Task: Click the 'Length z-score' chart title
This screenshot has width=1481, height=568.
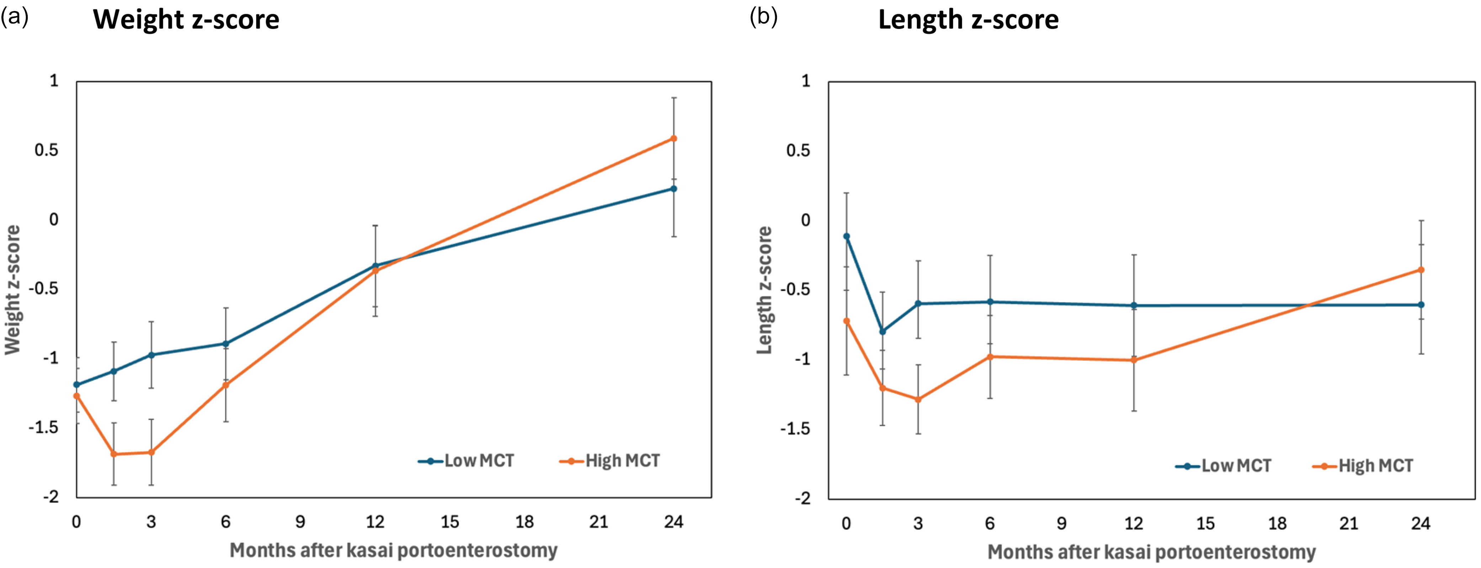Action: pos(968,20)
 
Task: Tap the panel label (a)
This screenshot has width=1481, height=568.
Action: pos(14,17)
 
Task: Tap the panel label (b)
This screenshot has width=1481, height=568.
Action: pos(763,17)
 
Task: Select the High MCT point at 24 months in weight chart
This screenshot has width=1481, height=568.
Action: pos(674,139)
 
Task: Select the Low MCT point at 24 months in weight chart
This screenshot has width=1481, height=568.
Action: pos(674,189)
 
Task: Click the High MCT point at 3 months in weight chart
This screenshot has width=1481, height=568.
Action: pos(151,452)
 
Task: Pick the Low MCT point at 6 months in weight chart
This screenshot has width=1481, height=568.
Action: pos(226,344)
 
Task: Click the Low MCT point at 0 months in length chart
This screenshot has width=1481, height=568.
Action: pos(846,236)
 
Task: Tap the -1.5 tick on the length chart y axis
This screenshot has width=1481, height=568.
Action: pos(795,429)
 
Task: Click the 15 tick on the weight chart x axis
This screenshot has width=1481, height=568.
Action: pos(449,522)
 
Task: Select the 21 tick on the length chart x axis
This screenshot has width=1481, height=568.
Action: pos(1349,524)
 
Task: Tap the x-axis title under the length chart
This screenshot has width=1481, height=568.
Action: pos(1152,552)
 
